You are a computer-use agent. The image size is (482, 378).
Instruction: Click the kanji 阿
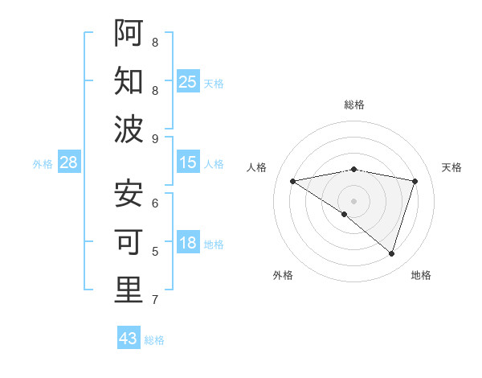click(x=129, y=31)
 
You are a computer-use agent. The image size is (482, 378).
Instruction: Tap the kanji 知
click(x=129, y=80)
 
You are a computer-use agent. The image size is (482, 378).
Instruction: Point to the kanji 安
click(x=129, y=193)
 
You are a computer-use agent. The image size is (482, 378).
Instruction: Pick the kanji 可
click(x=129, y=241)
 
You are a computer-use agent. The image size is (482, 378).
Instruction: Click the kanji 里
click(x=129, y=290)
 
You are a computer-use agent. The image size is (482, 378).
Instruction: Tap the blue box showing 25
click(x=188, y=81)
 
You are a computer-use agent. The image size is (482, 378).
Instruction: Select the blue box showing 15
click(x=188, y=162)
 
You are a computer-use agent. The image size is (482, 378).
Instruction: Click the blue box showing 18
click(x=188, y=244)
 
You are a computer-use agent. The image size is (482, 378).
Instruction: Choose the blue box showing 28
click(x=69, y=162)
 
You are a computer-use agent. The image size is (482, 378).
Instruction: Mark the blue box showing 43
click(x=129, y=339)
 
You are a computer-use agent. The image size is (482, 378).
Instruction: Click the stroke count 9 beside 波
click(x=155, y=139)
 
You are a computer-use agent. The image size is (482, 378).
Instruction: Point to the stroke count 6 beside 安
click(x=155, y=203)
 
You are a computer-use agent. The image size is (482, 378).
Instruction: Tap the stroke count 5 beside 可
click(x=155, y=252)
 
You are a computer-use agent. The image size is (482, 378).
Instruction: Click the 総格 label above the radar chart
click(x=354, y=105)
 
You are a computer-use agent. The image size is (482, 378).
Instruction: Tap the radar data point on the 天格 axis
click(x=415, y=181)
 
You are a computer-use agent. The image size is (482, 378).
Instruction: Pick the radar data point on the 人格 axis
click(x=292, y=181)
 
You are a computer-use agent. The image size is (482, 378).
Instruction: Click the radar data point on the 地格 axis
click(x=392, y=253)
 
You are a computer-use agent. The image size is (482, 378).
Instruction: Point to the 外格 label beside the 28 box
click(x=43, y=163)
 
